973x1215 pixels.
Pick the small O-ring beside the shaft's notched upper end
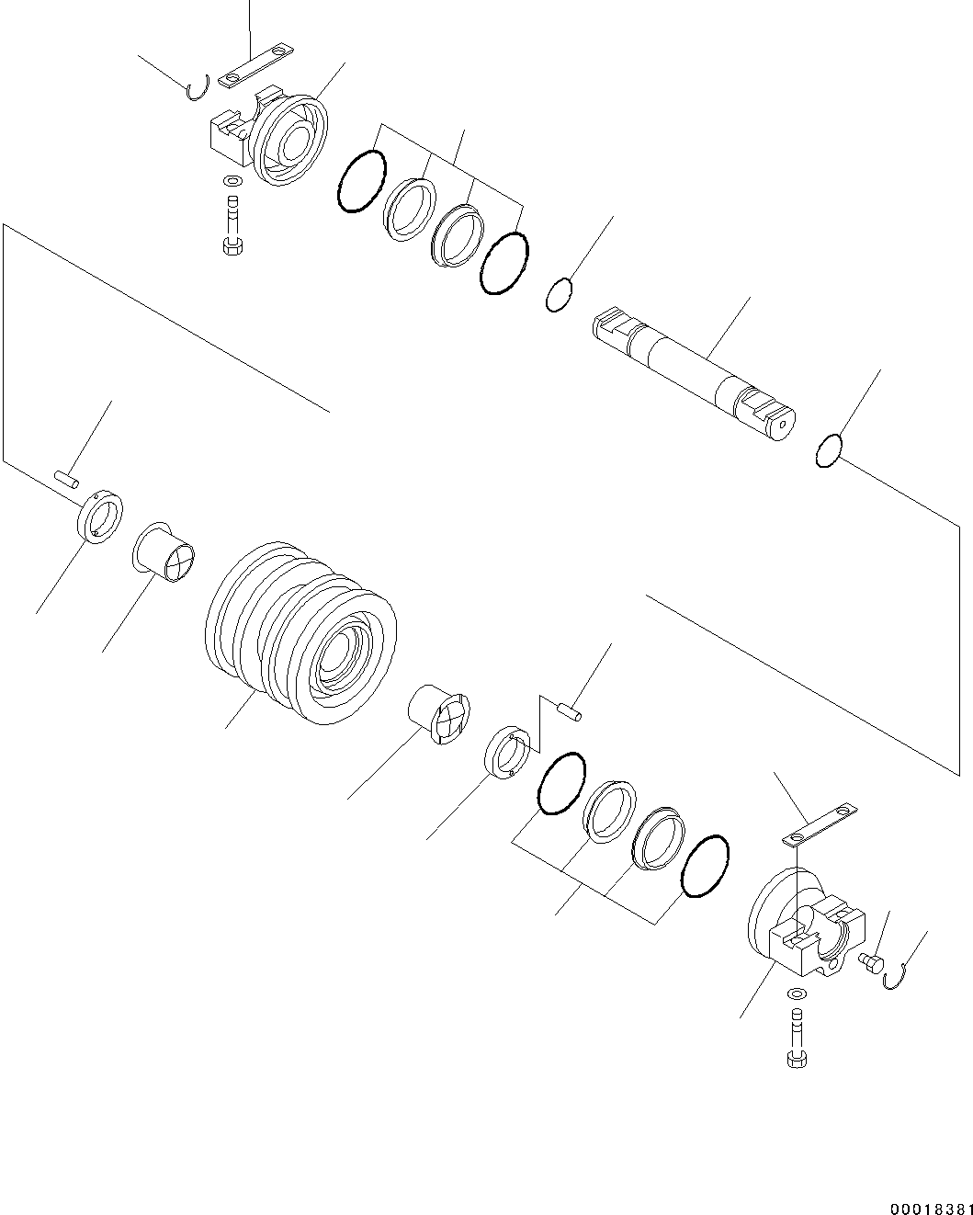click(x=559, y=295)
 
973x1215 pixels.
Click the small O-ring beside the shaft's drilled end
click(x=829, y=451)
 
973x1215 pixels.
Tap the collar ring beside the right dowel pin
click(x=507, y=753)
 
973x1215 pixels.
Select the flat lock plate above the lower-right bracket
click(x=820, y=824)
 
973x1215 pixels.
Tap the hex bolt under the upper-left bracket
click(x=232, y=226)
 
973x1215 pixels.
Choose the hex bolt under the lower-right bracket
click(x=797, y=1039)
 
